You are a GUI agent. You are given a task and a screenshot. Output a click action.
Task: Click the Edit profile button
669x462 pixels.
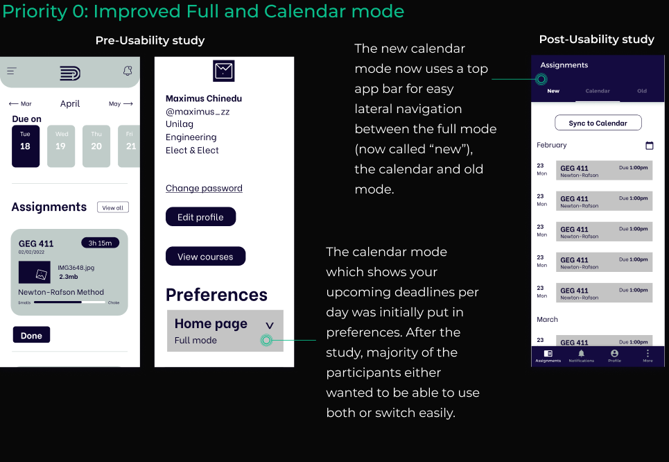pos(200,217)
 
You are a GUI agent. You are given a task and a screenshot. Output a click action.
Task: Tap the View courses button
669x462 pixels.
pos(205,257)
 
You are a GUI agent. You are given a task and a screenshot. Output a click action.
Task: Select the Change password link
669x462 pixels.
pos(204,188)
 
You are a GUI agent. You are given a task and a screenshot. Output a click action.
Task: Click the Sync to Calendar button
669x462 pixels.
pos(598,123)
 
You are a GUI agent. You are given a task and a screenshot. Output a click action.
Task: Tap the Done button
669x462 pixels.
pos(31,336)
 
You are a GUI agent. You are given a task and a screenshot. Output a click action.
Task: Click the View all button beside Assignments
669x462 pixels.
pos(112,207)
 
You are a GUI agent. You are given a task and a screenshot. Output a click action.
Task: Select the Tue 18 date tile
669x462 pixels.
pos(26,146)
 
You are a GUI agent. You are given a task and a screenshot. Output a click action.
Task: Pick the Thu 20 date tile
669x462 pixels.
pos(96,146)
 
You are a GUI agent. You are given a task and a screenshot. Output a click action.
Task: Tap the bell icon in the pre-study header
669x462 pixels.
pos(128,71)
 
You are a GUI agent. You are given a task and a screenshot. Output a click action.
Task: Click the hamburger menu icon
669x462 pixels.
pos(12,71)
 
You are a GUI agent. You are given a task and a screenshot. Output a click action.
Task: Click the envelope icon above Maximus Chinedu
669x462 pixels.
pos(223,71)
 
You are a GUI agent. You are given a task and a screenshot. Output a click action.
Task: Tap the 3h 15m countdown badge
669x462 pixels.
pos(100,243)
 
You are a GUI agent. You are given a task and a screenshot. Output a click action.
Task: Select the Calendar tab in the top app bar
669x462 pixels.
pos(598,91)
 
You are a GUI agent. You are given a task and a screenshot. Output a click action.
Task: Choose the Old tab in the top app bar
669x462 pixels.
pos(642,91)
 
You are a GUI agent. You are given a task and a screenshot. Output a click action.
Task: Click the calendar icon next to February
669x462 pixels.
pos(650,146)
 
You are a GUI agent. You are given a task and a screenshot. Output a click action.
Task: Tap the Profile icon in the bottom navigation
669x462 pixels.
pos(614,355)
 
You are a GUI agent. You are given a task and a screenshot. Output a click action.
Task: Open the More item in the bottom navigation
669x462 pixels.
pos(648,355)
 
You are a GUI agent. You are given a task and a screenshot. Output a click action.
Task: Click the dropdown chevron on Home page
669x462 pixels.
pos(270,325)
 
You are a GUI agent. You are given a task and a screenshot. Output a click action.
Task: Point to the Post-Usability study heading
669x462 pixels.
pos(596,40)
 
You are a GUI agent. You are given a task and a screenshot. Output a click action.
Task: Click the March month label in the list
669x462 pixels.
pos(547,320)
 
